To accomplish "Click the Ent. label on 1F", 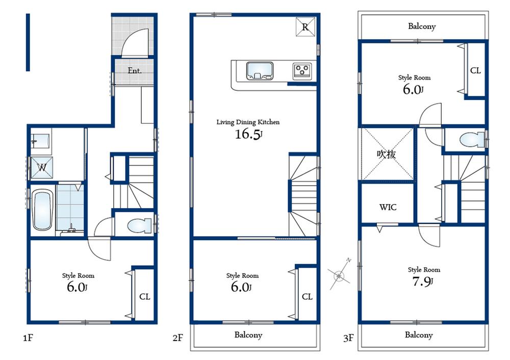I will coord(134,71).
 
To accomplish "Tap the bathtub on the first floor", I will coord(42,210).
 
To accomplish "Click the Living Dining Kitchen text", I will coord(248,122).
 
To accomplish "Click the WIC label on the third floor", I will coord(388,208).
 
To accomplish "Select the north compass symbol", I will coord(340,276).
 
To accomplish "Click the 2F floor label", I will coord(177,337).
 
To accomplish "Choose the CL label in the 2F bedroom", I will coord(307,296).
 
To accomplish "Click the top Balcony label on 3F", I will coord(422,26).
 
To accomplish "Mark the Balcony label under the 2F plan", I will coord(248,335).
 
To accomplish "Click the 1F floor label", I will coord(28,337).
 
